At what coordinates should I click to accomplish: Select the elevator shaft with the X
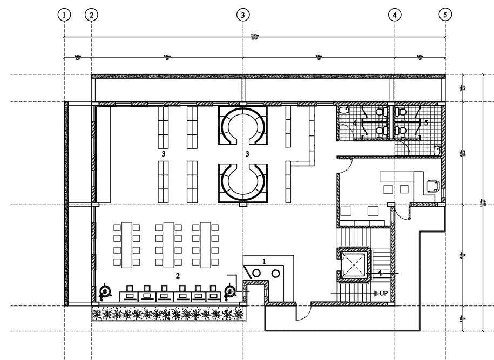click(x=354, y=264)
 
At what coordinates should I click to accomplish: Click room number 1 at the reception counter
click(x=264, y=261)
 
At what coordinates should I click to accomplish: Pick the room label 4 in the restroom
click(x=355, y=124)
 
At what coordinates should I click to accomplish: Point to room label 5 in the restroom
click(x=426, y=123)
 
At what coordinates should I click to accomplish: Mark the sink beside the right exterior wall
click(x=437, y=151)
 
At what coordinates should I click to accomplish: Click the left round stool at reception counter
click(x=256, y=273)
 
